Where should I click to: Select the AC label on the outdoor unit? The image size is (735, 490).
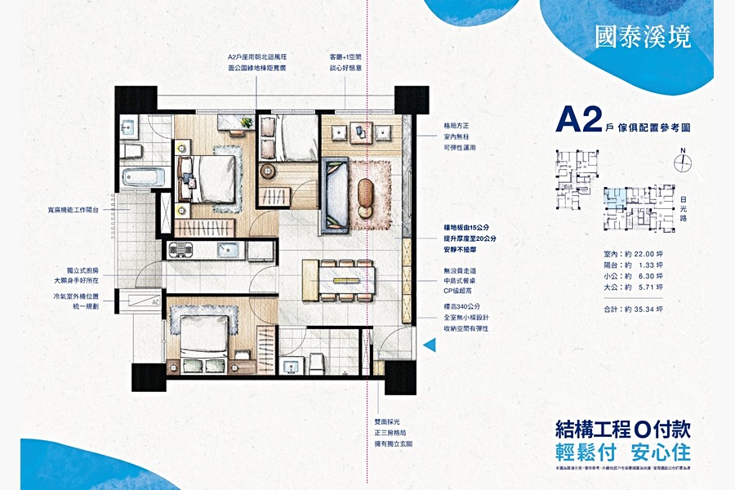click(x=154, y=301)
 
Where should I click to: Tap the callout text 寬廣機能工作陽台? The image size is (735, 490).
click(x=85, y=210)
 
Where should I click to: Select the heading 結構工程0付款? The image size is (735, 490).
click(x=622, y=430)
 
